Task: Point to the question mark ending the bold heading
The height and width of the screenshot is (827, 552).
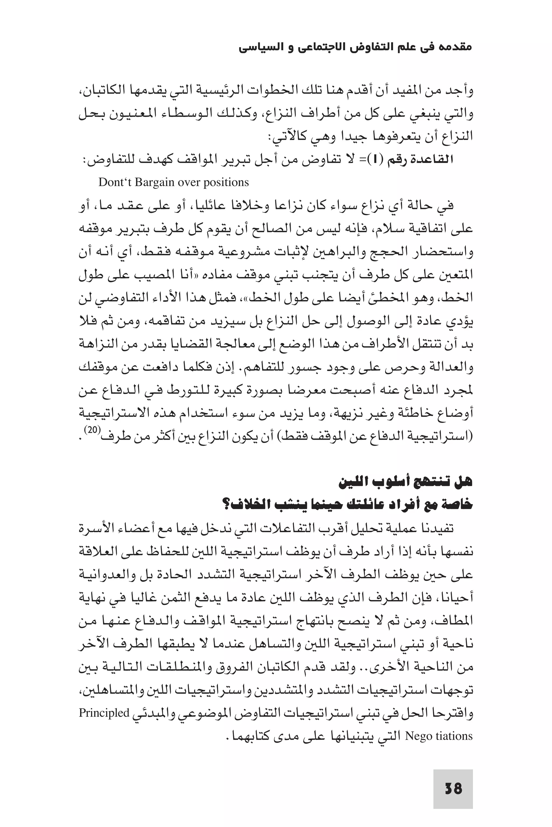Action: pyautogui.click(x=226, y=505)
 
